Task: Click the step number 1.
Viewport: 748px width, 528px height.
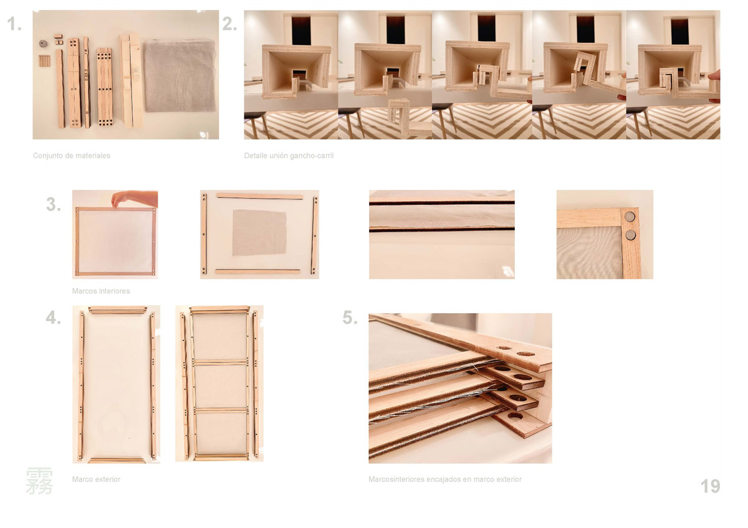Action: (x=14, y=24)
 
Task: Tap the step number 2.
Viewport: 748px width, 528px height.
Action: (x=230, y=24)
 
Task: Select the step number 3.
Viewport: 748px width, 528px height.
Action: (x=54, y=204)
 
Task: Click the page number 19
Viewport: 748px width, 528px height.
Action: (x=710, y=486)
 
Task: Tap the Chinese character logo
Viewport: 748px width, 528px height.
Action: (x=39, y=481)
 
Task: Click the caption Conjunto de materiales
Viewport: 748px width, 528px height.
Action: (x=72, y=156)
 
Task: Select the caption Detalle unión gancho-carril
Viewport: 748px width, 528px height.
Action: (x=289, y=156)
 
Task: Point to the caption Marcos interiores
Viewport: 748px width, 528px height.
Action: (x=101, y=291)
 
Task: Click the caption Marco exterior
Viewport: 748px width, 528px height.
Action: (x=96, y=479)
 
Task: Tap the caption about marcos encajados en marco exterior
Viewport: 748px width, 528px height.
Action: (x=445, y=479)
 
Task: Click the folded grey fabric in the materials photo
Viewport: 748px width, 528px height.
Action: (x=180, y=76)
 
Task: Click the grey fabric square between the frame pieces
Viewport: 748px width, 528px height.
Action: (x=259, y=232)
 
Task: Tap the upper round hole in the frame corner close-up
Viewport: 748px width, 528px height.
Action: (x=630, y=217)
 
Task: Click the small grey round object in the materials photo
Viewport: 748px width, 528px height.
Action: (x=44, y=44)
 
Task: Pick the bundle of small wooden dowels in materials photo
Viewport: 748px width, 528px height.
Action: (x=44, y=61)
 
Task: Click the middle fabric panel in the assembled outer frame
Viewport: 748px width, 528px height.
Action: (x=221, y=386)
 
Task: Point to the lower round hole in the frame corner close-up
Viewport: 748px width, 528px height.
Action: (x=630, y=235)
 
